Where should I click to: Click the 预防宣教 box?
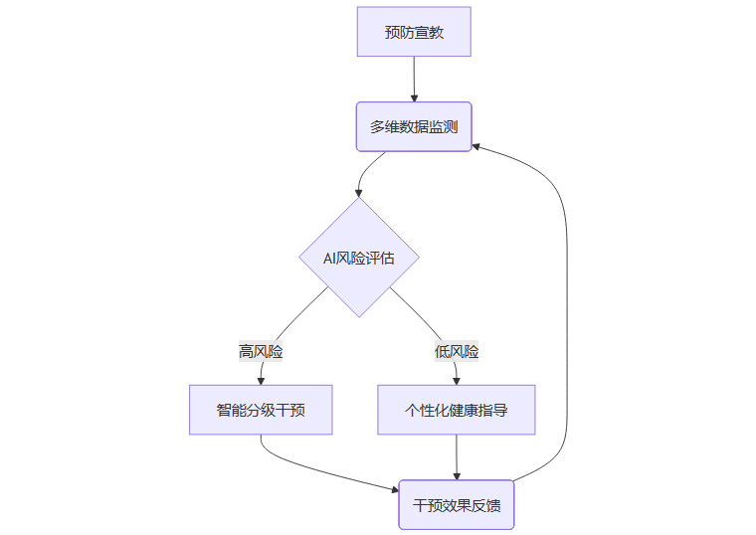[414, 32]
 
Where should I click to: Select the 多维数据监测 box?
[414, 126]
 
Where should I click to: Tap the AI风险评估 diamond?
[359, 258]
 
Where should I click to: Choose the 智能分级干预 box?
[261, 410]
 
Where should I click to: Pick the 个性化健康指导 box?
[457, 410]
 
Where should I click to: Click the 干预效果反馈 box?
[457, 505]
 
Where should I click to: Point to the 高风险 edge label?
[261, 351]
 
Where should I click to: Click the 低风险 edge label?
[457, 351]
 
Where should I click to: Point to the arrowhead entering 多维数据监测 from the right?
[477, 146]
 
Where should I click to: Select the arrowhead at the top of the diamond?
[359, 192]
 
